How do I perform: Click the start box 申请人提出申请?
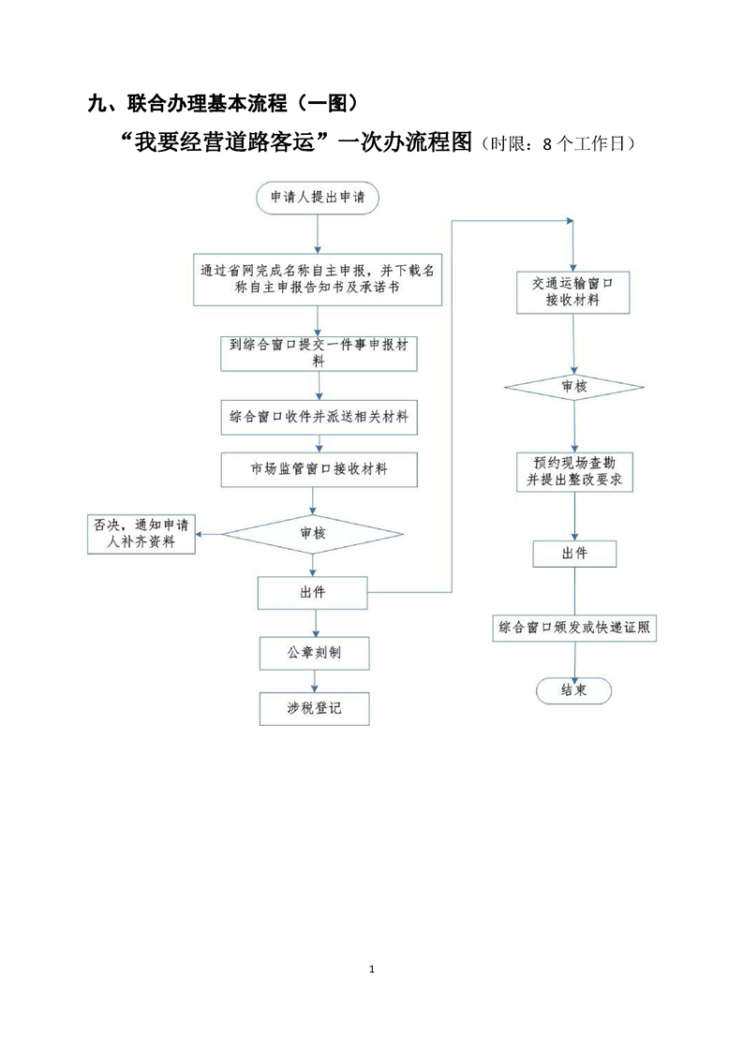pyautogui.click(x=318, y=198)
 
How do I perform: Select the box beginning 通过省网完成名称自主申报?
pyautogui.click(x=318, y=279)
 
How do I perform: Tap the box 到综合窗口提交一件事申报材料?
pyautogui.click(x=318, y=352)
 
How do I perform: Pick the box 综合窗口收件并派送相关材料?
pyautogui.click(x=318, y=417)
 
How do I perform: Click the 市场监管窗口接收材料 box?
pyautogui.click(x=318, y=469)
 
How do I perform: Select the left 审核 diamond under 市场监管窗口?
pyautogui.click(x=313, y=534)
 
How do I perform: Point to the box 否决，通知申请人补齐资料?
pyautogui.click(x=141, y=533)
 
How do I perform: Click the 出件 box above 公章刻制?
pyautogui.click(x=313, y=592)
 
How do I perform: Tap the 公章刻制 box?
pyautogui.click(x=313, y=652)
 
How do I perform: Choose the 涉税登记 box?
pyautogui.click(x=313, y=708)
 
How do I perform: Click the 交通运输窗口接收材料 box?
pyautogui.click(x=573, y=292)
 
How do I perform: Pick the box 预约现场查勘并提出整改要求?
pyautogui.click(x=574, y=470)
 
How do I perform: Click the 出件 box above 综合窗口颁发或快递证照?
pyautogui.click(x=574, y=554)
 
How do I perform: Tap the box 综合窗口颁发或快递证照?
pyautogui.click(x=574, y=629)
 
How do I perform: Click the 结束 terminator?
pyautogui.click(x=573, y=690)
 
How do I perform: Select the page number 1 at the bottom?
pyautogui.click(x=372, y=969)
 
